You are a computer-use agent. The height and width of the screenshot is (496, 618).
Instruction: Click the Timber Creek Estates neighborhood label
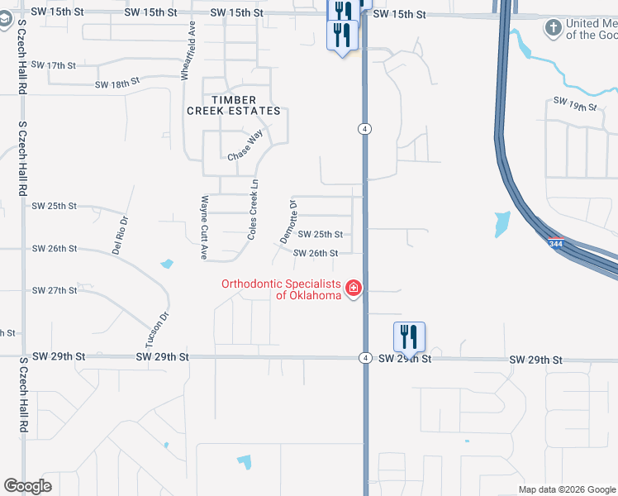[x=234, y=105]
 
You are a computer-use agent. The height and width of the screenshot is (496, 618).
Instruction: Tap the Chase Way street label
[x=245, y=145]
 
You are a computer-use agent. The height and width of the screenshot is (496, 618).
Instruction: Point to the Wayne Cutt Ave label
[x=203, y=227]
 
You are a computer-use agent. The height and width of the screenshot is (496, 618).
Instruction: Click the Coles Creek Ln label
[x=254, y=210]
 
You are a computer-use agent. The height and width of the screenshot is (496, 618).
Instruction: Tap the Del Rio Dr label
[x=121, y=235]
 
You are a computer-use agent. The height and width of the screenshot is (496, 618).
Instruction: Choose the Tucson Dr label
[x=158, y=328]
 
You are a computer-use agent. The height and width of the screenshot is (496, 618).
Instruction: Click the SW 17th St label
[x=53, y=64]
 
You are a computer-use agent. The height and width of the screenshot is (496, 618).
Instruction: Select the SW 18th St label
[x=118, y=83]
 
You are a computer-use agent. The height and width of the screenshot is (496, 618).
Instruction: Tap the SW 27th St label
[x=54, y=291]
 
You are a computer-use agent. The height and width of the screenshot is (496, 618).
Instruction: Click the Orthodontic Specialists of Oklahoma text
[x=281, y=289]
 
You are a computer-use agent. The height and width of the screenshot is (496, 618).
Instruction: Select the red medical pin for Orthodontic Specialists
[x=354, y=288]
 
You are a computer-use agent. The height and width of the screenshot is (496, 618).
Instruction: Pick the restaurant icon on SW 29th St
[x=409, y=336]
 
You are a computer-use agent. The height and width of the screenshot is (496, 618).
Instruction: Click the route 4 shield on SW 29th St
[x=364, y=357]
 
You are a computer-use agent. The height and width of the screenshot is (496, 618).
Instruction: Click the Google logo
[x=27, y=486]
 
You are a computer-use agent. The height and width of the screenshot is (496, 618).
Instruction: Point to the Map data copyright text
[x=567, y=489]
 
